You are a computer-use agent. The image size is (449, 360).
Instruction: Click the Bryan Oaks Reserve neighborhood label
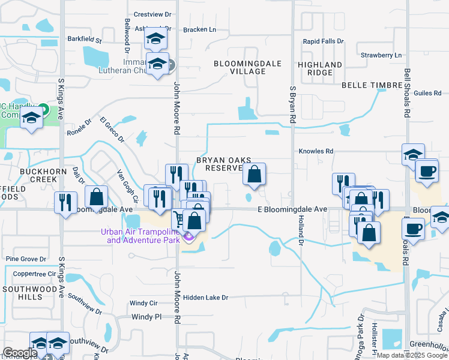[x=219, y=164]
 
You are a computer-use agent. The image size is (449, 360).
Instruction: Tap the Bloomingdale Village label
[x=240, y=67]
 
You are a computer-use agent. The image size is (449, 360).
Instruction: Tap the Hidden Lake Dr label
[x=206, y=298]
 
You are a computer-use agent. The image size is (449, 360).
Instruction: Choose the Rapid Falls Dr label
[x=323, y=41]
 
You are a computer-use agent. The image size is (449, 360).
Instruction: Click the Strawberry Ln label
[x=381, y=55]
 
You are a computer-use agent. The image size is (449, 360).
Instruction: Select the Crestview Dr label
[x=152, y=14]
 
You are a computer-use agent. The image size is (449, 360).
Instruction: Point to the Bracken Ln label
[x=199, y=29]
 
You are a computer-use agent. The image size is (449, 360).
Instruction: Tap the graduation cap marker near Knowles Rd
[x=413, y=154]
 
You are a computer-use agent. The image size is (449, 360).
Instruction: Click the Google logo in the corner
[x=20, y=353]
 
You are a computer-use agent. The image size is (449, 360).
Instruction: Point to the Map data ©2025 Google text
[x=412, y=355]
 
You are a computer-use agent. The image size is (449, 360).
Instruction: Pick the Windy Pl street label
[x=146, y=317]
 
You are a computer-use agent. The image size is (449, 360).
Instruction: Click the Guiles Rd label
[x=428, y=94]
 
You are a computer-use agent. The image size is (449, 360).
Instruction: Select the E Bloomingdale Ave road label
[x=292, y=209]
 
